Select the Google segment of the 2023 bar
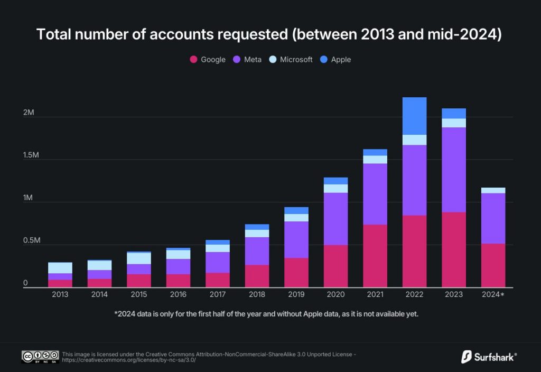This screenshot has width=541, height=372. [454, 249]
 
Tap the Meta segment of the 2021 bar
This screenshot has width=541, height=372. [375, 194]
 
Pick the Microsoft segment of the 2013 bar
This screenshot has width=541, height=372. [60, 267]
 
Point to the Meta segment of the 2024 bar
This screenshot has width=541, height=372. [493, 218]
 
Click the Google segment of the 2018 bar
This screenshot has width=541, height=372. [257, 276]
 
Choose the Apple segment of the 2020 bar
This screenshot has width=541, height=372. [335, 181]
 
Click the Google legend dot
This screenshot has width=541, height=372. [193, 60]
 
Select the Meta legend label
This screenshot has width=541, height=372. [253, 60]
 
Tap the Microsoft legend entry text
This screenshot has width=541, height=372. [296, 60]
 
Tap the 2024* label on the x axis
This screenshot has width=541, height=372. [493, 294]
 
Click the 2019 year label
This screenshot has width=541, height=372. [296, 294]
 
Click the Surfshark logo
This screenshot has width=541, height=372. [489, 356]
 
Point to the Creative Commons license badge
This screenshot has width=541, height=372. [40, 356]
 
